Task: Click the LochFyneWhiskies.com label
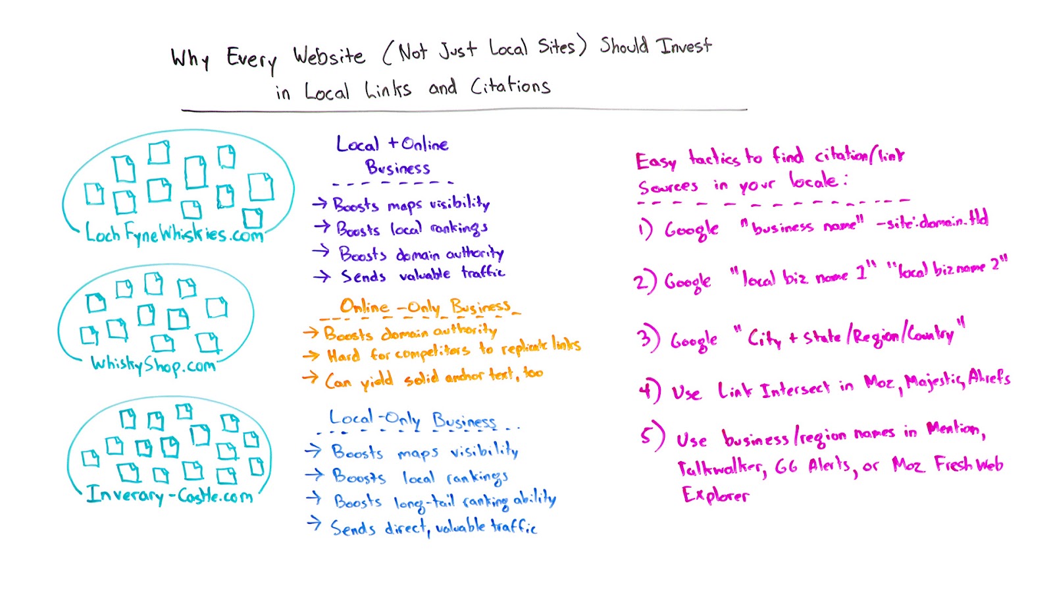174,233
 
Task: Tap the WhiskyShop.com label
153,364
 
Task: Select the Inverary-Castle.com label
170,494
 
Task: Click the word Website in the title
328,56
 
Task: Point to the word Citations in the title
510,86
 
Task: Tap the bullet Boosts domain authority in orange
411,331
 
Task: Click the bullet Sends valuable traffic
423,274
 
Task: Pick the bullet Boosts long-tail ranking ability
445,501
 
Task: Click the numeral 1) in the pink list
645,229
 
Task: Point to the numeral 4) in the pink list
649,391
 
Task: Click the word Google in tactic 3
694,341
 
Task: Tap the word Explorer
715,495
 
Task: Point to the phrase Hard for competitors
398,354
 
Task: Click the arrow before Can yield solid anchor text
310,378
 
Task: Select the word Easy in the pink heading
655,161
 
